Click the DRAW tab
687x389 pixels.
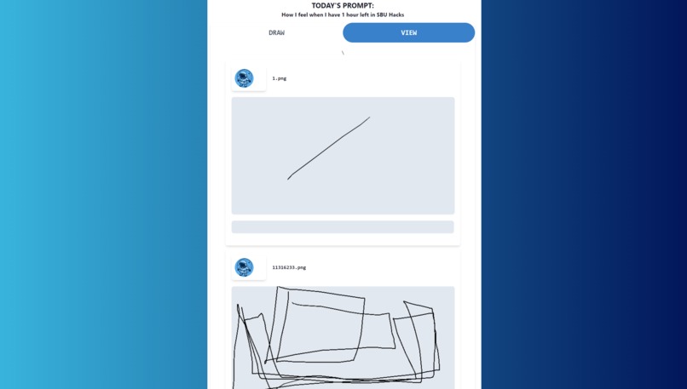276,33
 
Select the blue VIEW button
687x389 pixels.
408,33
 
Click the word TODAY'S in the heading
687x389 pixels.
326,6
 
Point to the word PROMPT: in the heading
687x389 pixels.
358,6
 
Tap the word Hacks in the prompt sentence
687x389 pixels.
396,14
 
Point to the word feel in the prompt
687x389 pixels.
301,14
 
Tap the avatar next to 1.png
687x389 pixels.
245,78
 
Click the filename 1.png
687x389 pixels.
280,78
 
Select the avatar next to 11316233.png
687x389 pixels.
245,267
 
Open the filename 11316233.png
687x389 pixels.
289,267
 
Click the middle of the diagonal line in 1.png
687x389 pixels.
328,147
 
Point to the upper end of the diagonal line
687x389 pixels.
369,117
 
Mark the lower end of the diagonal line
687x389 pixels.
288,179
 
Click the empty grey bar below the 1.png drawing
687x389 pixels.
343,227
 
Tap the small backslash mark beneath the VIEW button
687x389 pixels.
343,53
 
